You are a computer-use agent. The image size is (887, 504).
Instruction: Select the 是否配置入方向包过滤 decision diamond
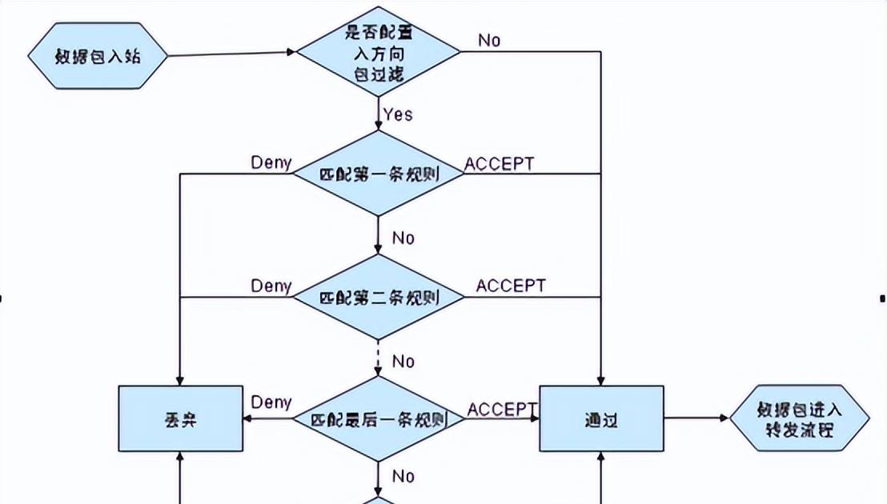pyautogui.click(x=378, y=53)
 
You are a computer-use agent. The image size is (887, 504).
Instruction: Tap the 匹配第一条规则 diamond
pyautogui.click(x=378, y=173)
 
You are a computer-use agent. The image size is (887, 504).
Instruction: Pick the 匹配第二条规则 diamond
pyautogui.click(x=378, y=298)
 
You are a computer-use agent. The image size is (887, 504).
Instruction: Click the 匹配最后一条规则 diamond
pyautogui.click(x=378, y=418)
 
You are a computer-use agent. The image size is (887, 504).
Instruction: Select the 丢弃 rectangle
pyautogui.click(x=180, y=418)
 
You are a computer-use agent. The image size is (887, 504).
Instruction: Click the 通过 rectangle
pyautogui.click(x=601, y=418)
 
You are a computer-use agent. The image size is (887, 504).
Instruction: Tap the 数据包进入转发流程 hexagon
pyautogui.click(x=799, y=418)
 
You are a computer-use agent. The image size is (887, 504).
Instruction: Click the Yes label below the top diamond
pyautogui.click(x=398, y=114)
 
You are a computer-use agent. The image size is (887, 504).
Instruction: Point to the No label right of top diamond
pyautogui.click(x=489, y=40)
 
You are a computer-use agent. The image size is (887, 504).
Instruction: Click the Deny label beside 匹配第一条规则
pyautogui.click(x=271, y=162)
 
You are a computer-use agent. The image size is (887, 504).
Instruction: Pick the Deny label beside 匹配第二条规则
pyautogui.click(x=271, y=286)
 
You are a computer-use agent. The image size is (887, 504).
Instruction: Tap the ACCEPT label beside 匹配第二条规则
pyautogui.click(x=511, y=286)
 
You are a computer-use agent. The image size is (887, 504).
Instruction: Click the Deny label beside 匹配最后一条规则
pyautogui.click(x=271, y=402)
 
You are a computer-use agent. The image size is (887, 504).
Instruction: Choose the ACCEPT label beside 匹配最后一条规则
pyautogui.click(x=502, y=409)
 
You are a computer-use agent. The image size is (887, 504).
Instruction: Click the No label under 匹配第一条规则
pyautogui.click(x=403, y=238)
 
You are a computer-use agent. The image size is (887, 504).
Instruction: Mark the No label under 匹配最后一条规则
pyautogui.click(x=403, y=476)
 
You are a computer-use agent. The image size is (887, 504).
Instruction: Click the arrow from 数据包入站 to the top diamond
pyautogui.click(x=232, y=54)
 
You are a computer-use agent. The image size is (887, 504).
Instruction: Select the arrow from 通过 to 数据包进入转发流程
pyautogui.click(x=696, y=418)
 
